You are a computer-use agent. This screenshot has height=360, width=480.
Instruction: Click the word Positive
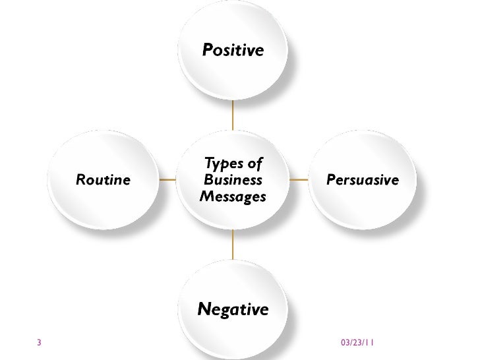233,50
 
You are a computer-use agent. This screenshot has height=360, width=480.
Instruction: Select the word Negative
233,309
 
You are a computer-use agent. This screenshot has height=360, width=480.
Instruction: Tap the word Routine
104,179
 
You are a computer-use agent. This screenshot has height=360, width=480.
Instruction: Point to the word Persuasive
363,179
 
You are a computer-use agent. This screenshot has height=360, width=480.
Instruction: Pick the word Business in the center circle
233,179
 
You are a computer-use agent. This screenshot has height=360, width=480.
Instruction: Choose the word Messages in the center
232,196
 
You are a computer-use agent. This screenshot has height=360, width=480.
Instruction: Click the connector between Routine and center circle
167,179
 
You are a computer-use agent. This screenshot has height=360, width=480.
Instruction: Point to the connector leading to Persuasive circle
300,179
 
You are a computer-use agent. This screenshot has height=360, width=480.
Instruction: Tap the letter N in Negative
204,309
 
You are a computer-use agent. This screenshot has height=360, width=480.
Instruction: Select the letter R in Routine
80,179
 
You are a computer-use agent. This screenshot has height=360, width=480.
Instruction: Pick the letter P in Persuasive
332,179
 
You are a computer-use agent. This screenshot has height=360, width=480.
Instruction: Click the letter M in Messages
204,196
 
